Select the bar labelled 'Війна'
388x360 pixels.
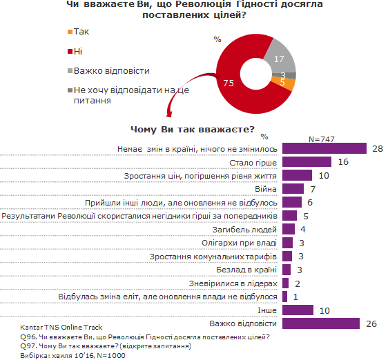(293, 189)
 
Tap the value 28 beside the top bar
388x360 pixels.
(376, 149)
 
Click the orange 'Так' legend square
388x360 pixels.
(69, 32)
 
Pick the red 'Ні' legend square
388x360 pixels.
(69, 51)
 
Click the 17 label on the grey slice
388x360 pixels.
(278, 59)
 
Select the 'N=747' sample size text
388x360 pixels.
(321, 139)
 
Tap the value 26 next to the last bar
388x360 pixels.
(371, 323)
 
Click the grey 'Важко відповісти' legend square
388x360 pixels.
(69, 70)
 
